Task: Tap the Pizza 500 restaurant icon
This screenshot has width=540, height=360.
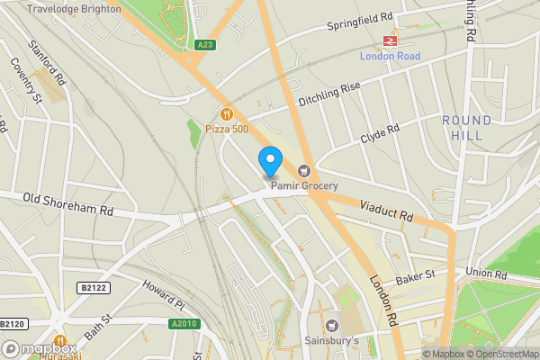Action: pyautogui.click(x=226, y=114)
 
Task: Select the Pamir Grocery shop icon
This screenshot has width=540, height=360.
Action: pyautogui.click(x=304, y=171)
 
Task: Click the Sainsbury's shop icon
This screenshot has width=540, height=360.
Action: pyautogui.click(x=333, y=325)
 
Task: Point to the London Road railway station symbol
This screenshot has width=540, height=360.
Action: pyautogui.click(x=391, y=40)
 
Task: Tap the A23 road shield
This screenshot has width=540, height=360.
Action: pyautogui.click(x=204, y=44)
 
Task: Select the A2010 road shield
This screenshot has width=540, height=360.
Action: pyautogui.click(x=182, y=323)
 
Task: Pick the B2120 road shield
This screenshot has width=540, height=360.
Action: pyautogui.click(x=11, y=323)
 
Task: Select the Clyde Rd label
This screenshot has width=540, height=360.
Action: pyautogui.click(x=380, y=135)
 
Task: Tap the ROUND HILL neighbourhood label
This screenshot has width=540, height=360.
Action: pyautogui.click(x=466, y=128)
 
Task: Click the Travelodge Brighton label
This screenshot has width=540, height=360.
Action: pyautogui.click(x=74, y=8)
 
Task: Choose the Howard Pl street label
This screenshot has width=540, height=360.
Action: pyautogui.click(x=163, y=293)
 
